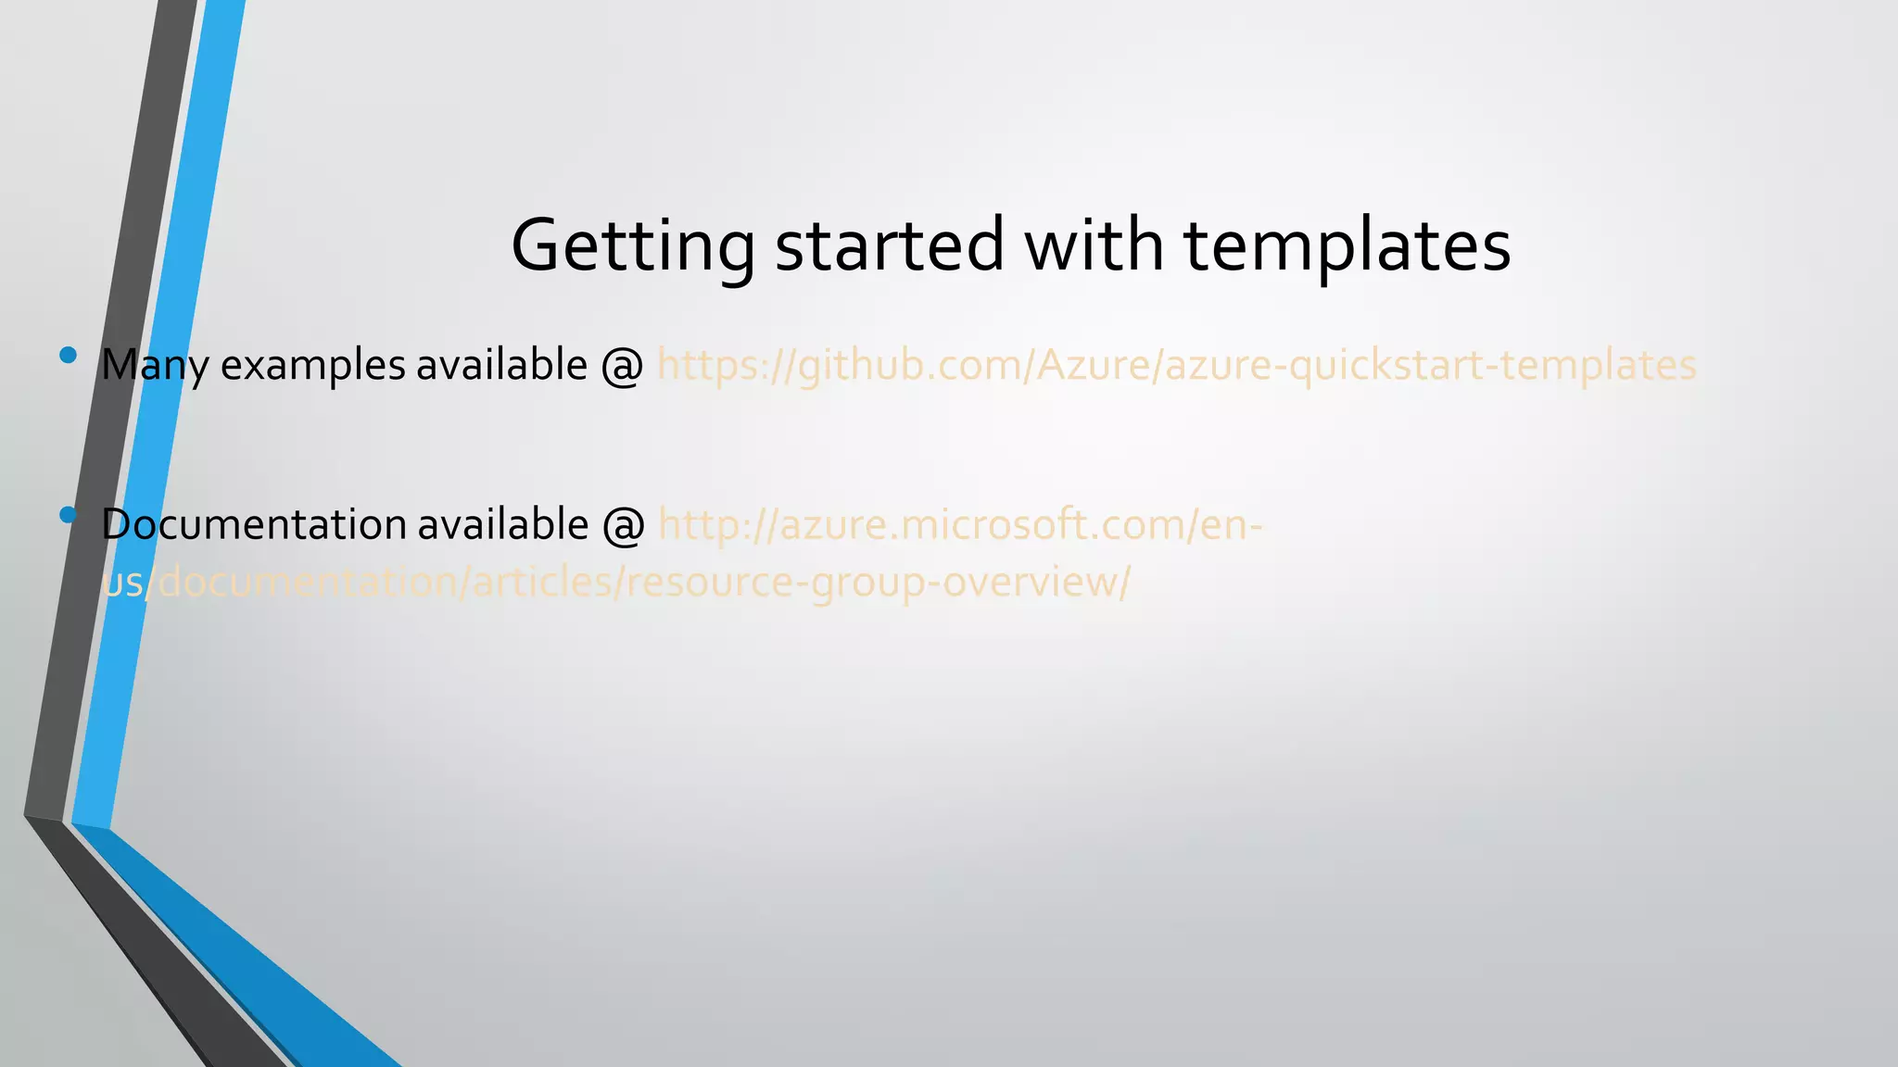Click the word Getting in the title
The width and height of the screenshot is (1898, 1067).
click(633, 245)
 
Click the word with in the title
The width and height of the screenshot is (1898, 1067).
click(1094, 245)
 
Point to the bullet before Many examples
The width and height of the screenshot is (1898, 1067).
click(68, 354)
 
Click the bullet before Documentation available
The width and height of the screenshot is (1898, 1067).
click(68, 514)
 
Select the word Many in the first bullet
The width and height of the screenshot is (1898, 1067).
click(155, 365)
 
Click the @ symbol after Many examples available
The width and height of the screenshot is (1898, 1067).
click(622, 365)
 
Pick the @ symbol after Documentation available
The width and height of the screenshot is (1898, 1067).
click(624, 525)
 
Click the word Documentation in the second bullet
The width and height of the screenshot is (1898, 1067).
click(253, 525)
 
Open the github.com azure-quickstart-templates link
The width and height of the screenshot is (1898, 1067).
click(1176, 365)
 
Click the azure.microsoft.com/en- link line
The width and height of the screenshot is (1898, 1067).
click(959, 525)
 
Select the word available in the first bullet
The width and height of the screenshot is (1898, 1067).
click(501, 365)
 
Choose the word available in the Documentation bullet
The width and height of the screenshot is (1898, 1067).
click(502, 525)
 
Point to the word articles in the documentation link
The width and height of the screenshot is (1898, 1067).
click(547, 583)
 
